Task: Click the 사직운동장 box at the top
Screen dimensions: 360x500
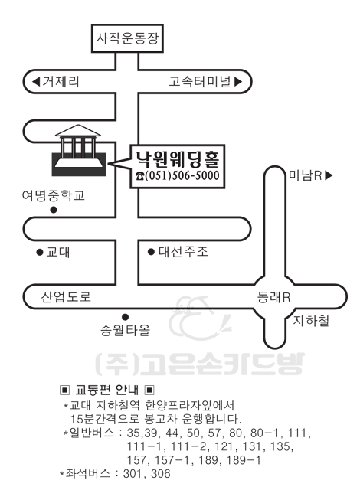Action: click(127, 38)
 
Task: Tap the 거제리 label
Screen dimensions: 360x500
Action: click(61, 82)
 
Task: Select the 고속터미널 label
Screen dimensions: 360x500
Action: click(200, 82)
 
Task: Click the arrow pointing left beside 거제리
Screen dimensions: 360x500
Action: click(36, 82)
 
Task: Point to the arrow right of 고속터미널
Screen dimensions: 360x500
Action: click(238, 82)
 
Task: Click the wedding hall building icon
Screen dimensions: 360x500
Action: click(79, 150)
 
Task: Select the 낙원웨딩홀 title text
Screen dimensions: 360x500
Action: click(178, 159)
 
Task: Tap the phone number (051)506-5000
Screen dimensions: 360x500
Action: click(182, 175)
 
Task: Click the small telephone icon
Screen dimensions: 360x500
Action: click(139, 176)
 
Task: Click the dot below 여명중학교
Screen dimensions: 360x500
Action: click(54, 210)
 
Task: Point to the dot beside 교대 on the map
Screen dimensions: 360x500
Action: click(40, 253)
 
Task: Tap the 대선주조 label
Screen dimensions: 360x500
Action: click(183, 252)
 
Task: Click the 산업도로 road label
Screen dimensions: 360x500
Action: click(66, 297)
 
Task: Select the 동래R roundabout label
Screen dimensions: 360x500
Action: click(273, 297)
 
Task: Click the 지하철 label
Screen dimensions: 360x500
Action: click(311, 321)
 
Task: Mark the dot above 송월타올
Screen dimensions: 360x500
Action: click(126, 317)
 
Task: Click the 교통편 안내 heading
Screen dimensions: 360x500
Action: click(106, 390)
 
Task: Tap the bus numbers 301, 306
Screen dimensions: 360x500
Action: click(146, 473)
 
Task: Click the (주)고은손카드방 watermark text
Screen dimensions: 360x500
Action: click(200, 364)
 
